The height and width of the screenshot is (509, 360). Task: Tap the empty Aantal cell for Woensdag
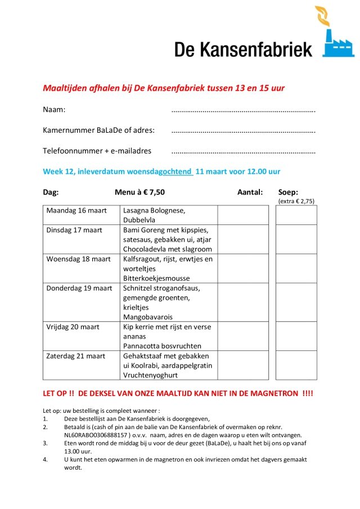[x=243, y=268]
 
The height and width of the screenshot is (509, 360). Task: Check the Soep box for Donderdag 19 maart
[x=296, y=302]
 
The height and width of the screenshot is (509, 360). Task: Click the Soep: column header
[x=289, y=192]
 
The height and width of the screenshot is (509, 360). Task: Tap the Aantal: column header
[x=250, y=192]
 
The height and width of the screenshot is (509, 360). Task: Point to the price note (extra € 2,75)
[x=296, y=201]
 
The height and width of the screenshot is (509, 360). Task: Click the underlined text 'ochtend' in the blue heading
[x=177, y=172]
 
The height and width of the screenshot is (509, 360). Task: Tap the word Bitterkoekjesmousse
[x=156, y=278]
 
